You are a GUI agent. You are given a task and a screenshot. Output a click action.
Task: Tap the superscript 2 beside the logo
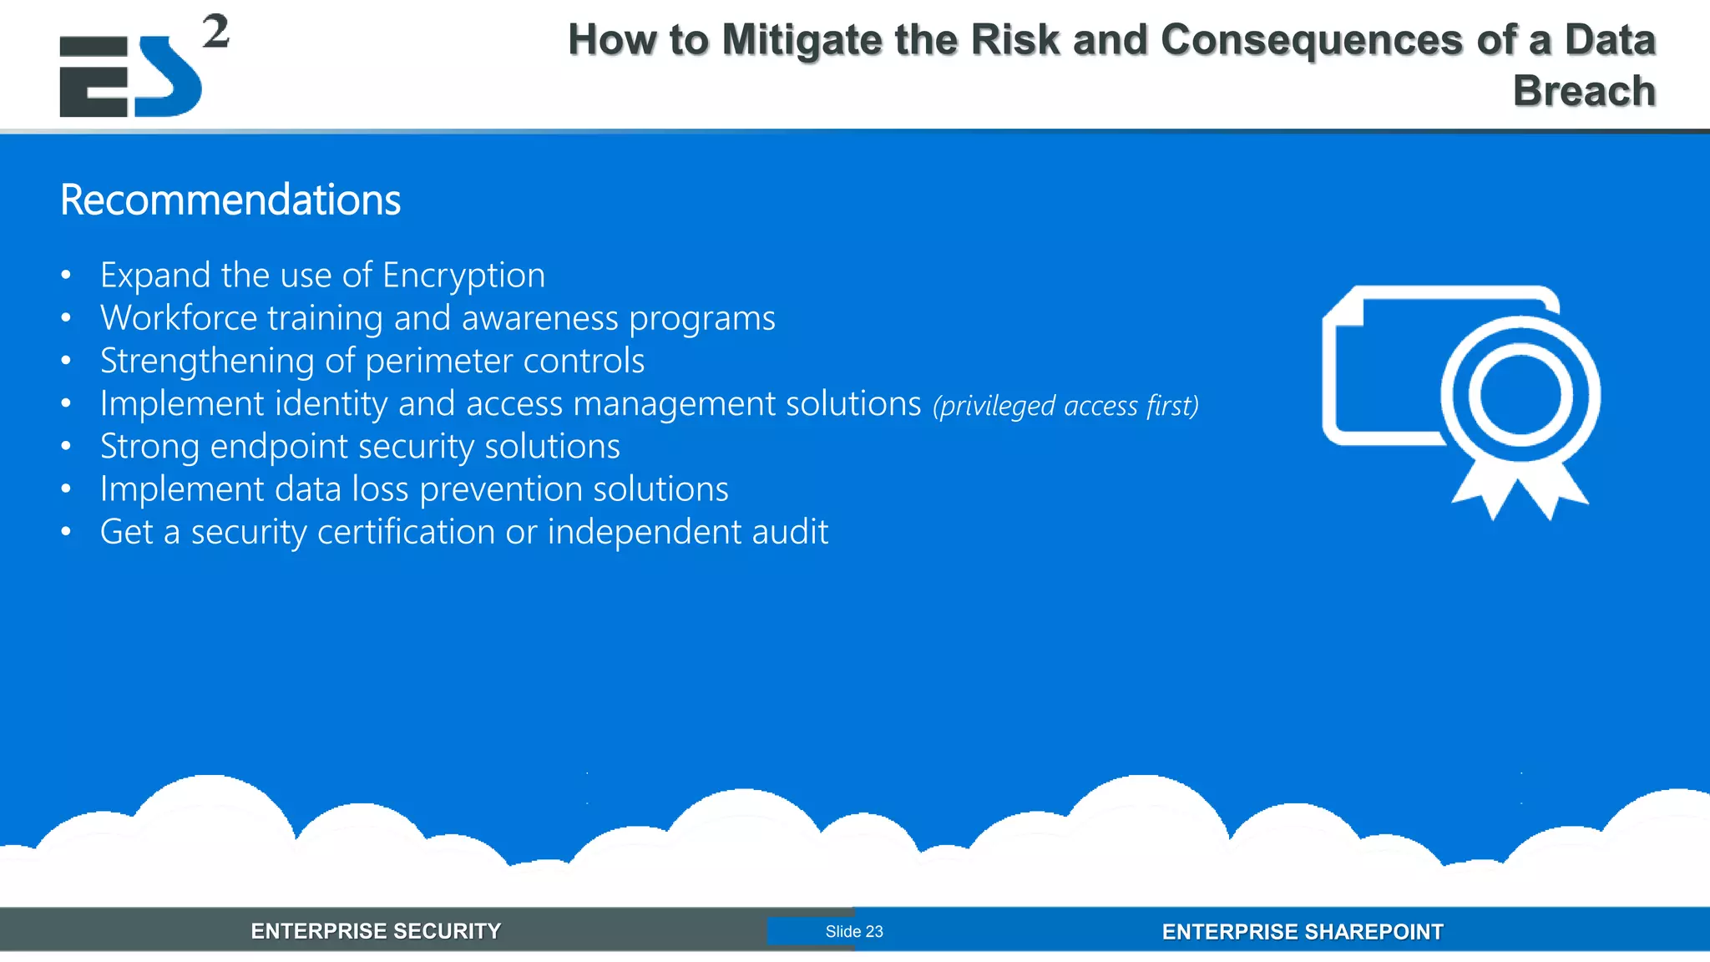215,32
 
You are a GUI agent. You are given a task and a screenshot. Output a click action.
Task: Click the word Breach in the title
1584,90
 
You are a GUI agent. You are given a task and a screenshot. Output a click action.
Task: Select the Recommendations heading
230,200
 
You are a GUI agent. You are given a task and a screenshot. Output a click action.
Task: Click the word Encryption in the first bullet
463,276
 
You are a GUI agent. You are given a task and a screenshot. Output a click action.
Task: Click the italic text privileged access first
1065,406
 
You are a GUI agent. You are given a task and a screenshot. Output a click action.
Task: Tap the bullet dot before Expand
66,276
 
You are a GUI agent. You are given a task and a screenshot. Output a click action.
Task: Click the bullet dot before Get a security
66,532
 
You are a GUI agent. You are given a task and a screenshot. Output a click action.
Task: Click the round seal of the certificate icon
1520,394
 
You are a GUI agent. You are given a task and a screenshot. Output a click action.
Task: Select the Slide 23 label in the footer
853,931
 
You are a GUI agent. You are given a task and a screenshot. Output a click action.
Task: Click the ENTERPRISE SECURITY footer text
376,931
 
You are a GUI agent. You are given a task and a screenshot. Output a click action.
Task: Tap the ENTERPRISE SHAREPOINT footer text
1302,932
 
